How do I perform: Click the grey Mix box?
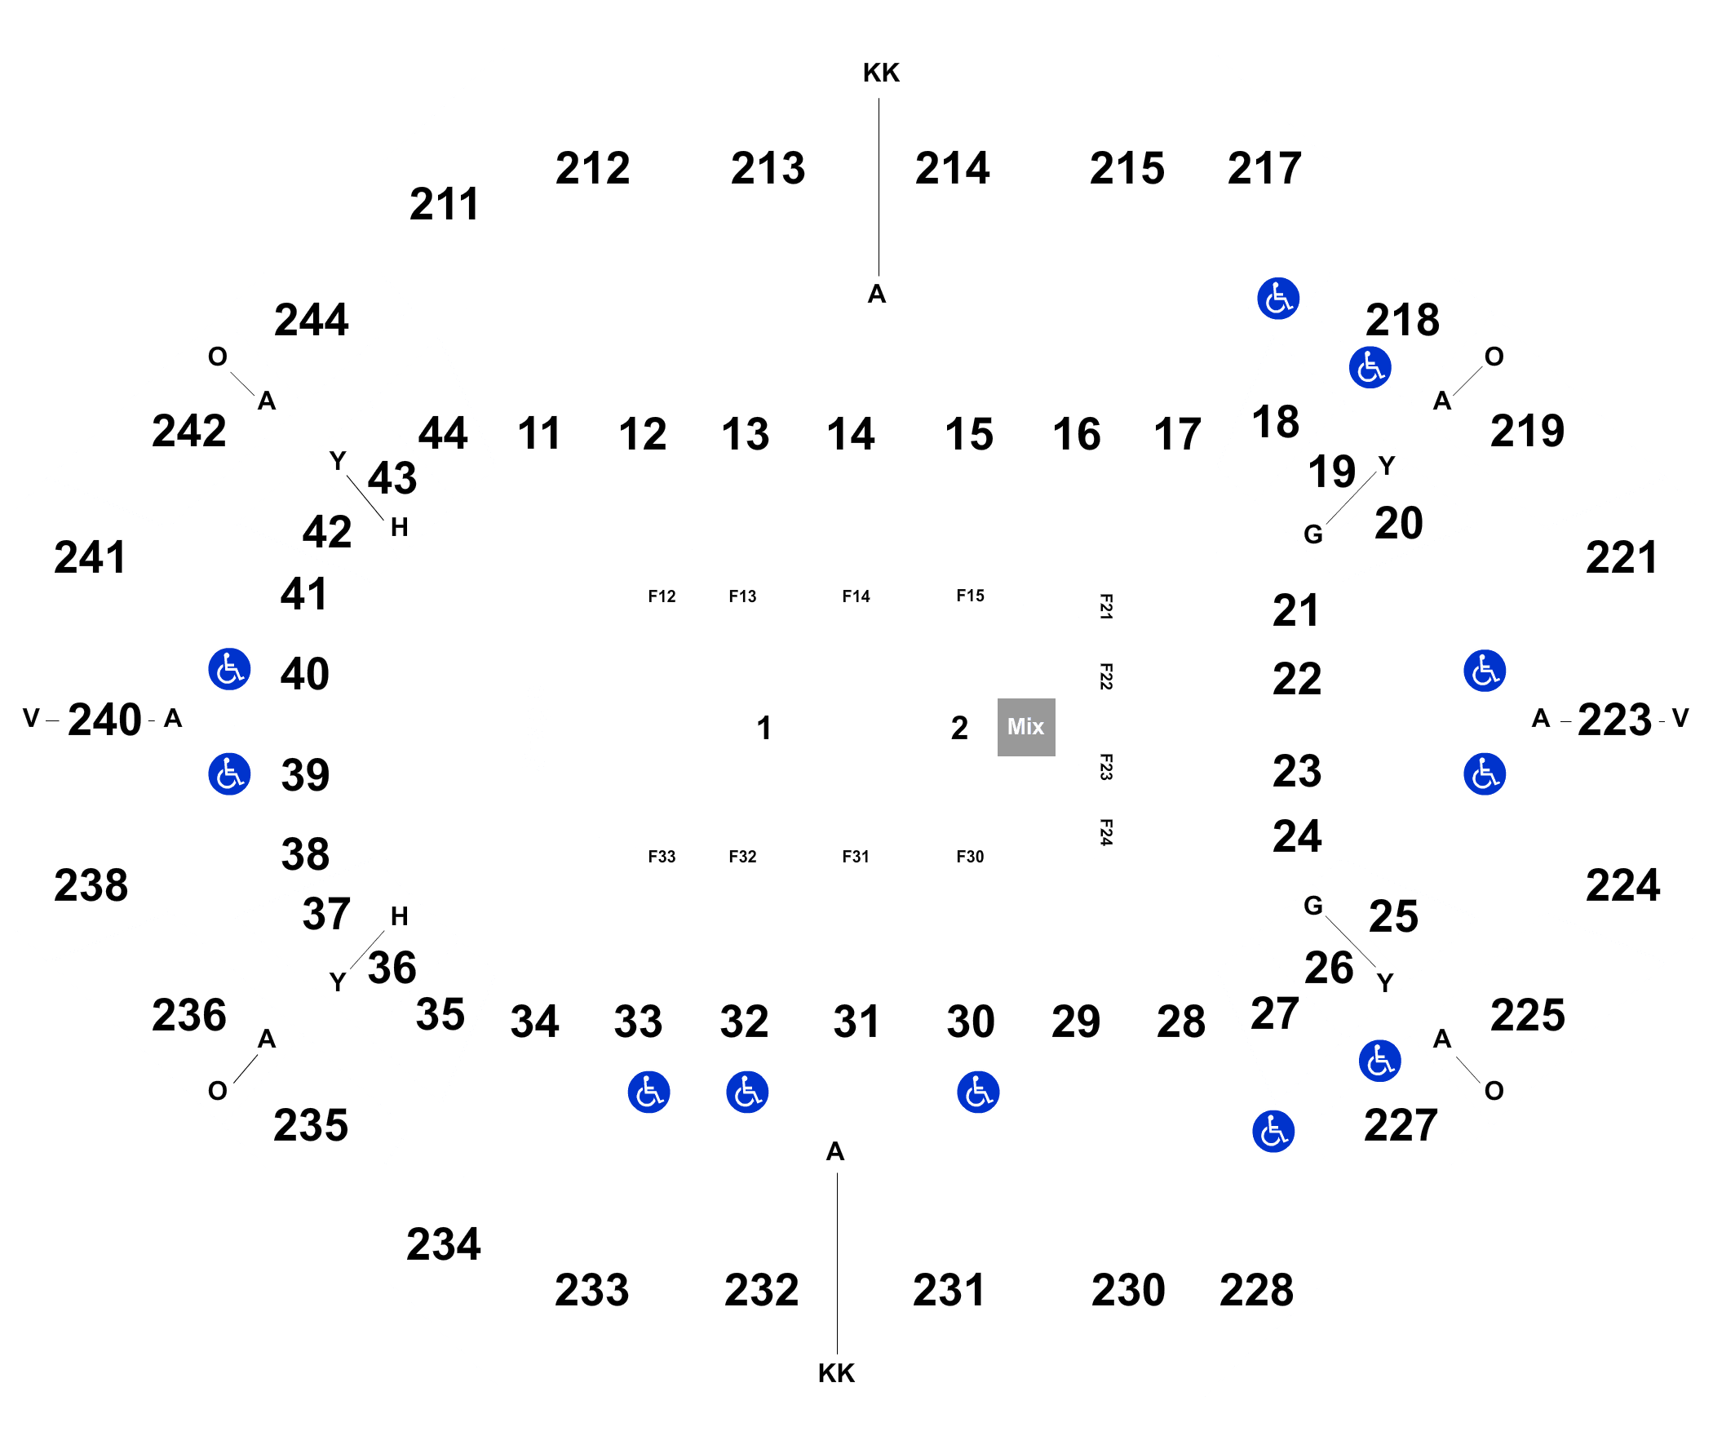[x=1026, y=727]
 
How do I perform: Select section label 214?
[x=952, y=169]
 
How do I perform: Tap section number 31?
[x=856, y=1022]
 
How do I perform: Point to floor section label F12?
[x=662, y=596]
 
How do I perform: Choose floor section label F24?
[x=1106, y=832]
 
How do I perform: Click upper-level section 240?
[x=104, y=720]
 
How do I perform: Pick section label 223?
[x=1614, y=720]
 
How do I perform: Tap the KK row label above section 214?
[x=881, y=73]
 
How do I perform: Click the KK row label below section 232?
[x=836, y=1373]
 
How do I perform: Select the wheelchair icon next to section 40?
[x=229, y=670]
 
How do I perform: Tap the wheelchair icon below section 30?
[x=978, y=1093]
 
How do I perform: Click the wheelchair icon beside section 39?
[x=229, y=774]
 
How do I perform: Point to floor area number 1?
[x=764, y=728]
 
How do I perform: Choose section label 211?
[x=444, y=204]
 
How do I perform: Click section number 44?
[x=443, y=433]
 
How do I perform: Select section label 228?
[x=1256, y=1291]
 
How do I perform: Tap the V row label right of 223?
[x=1680, y=718]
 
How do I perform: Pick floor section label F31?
[x=856, y=857]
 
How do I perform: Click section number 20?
[x=1398, y=523]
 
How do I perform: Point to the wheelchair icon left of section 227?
[x=1273, y=1132]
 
